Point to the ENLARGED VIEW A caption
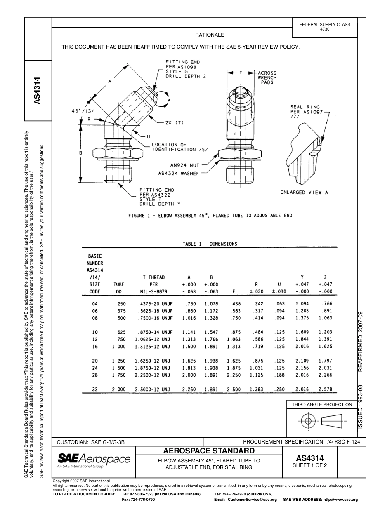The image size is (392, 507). pos(305,192)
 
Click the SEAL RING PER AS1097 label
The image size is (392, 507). pos(307,112)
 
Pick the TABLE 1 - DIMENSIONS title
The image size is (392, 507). pos(210,244)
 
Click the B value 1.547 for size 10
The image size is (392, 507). pos(211,332)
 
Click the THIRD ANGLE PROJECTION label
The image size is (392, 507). pos(322,404)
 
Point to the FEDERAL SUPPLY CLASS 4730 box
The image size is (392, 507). pos(325,27)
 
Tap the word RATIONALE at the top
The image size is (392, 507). pos(210,35)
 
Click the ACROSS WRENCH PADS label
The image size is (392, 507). pos(267,77)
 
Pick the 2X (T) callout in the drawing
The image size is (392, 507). pos(174,122)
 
